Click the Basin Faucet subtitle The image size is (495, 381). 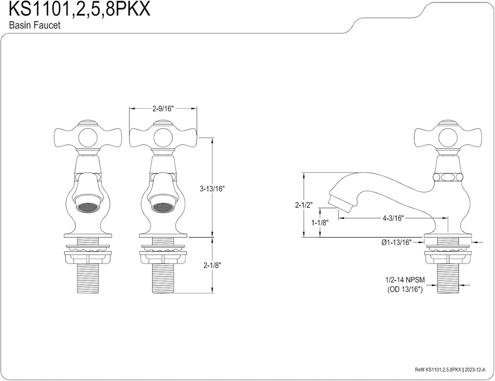(35, 26)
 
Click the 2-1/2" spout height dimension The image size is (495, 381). (304, 205)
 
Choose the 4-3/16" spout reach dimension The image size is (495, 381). (393, 218)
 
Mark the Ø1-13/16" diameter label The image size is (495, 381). (396, 243)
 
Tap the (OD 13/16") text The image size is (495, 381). (405, 289)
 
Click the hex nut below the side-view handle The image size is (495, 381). (447, 176)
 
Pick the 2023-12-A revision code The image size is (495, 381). (477, 370)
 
